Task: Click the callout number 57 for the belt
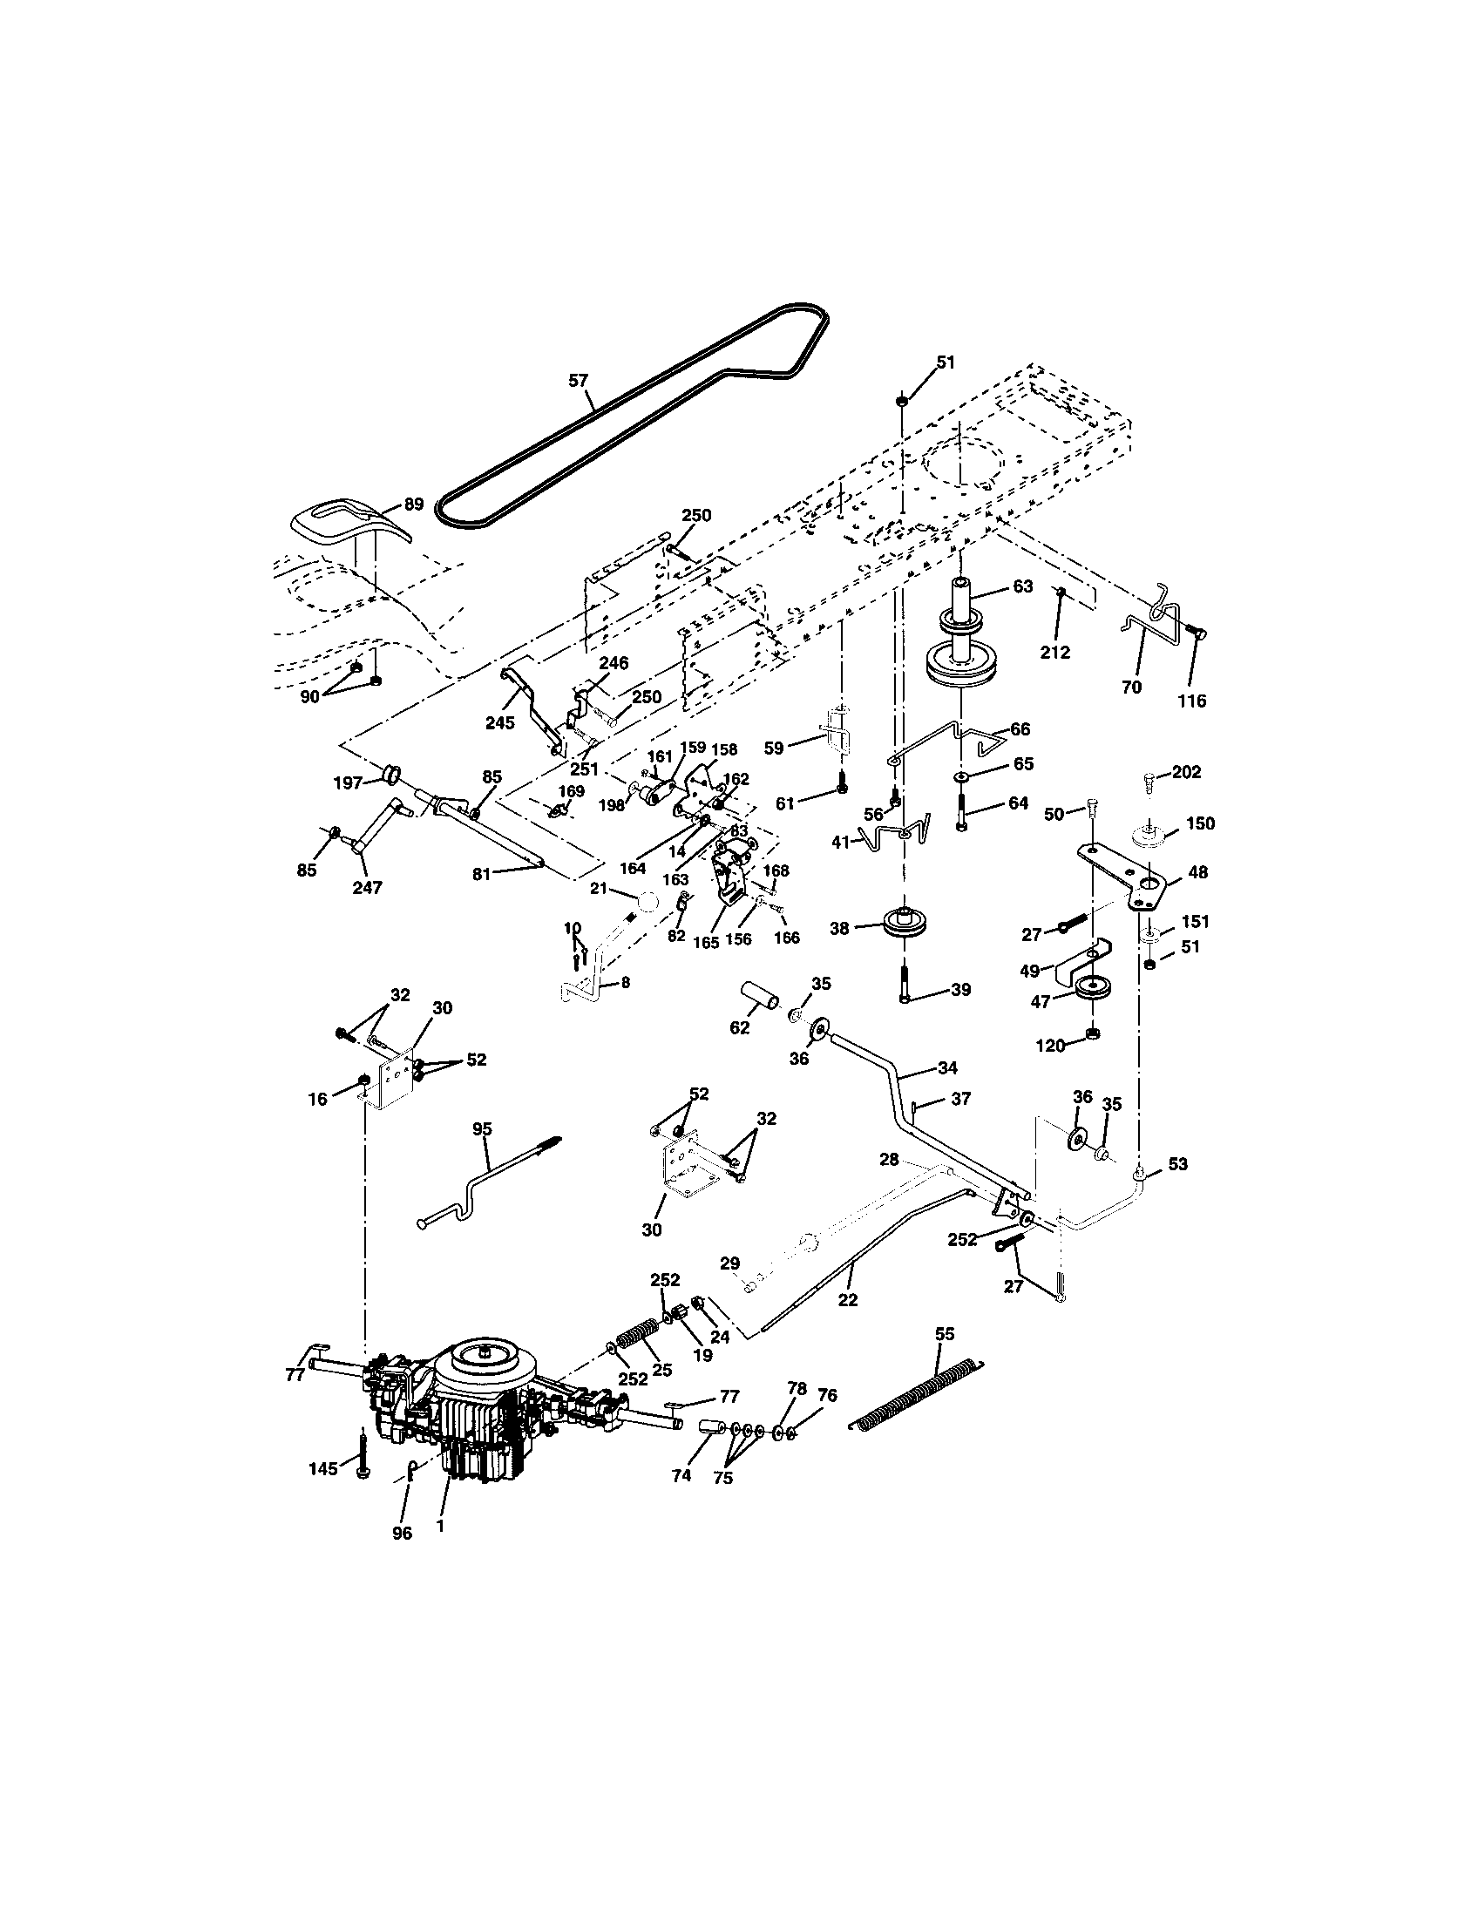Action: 579,380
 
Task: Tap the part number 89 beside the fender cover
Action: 412,504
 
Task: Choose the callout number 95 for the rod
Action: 484,1129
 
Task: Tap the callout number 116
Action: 1192,701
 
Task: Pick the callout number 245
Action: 499,722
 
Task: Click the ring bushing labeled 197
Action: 391,774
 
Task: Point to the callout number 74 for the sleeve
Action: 681,1475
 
